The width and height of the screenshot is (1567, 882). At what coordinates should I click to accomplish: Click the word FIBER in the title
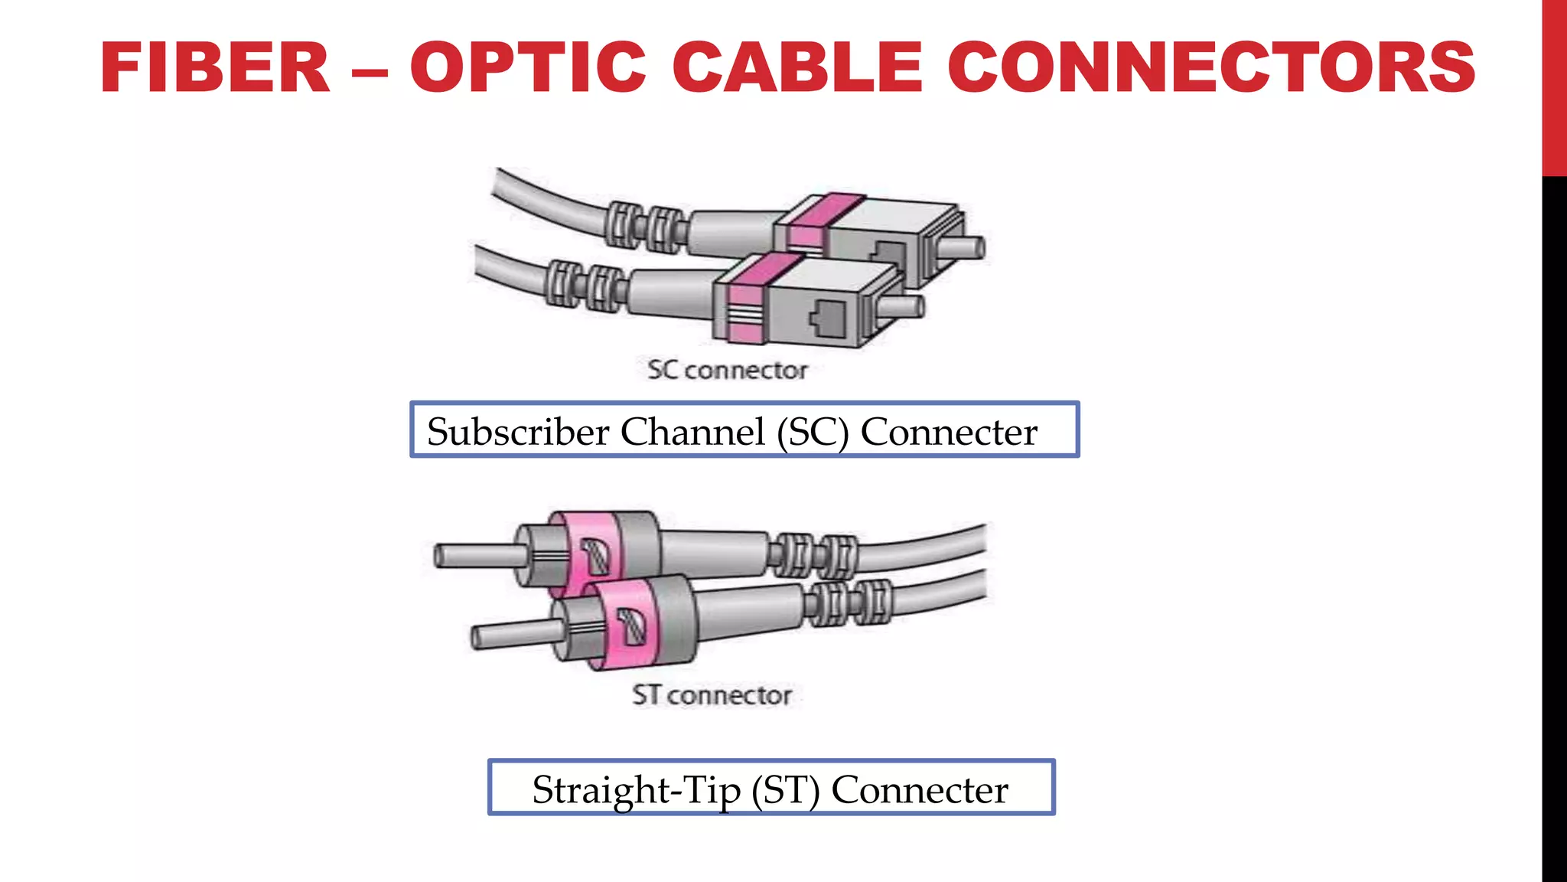[x=215, y=68]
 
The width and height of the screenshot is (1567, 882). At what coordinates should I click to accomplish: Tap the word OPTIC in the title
[x=529, y=68]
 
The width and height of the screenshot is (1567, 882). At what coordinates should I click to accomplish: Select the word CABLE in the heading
[x=797, y=68]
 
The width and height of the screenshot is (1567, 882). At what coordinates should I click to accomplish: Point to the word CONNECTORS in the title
[x=1211, y=68]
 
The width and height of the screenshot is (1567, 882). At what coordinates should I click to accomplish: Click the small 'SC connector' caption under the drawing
[x=727, y=371]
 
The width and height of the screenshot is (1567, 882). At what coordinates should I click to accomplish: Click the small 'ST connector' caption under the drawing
[x=712, y=695]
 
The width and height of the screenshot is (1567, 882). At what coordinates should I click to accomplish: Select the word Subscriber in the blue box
[x=517, y=432]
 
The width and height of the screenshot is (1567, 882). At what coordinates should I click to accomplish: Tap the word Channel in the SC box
[x=692, y=432]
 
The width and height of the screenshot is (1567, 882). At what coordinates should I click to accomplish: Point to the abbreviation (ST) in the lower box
[x=785, y=791]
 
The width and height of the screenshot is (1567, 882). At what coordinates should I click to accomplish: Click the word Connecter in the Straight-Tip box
[x=920, y=790]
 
